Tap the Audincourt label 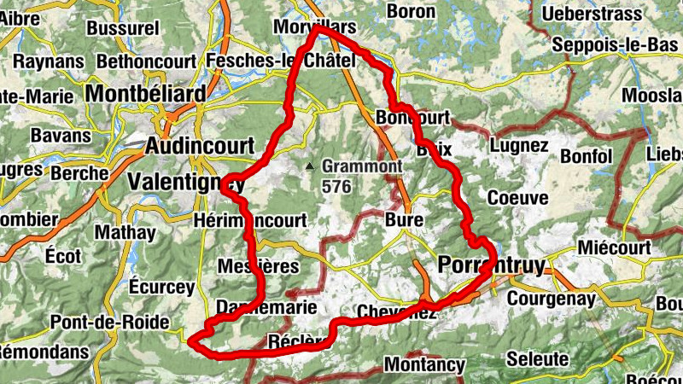click(x=200, y=144)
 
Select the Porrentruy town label click(x=490, y=265)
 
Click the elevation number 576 click(x=336, y=186)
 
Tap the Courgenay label click(x=548, y=299)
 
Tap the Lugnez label click(x=520, y=145)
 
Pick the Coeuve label click(x=517, y=197)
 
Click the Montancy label click(x=424, y=364)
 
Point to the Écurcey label click(x=162, y=287)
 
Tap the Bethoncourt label click(x=148, y=61)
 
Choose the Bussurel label click(x=123, y=28)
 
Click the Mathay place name click(x=126, y=231)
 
